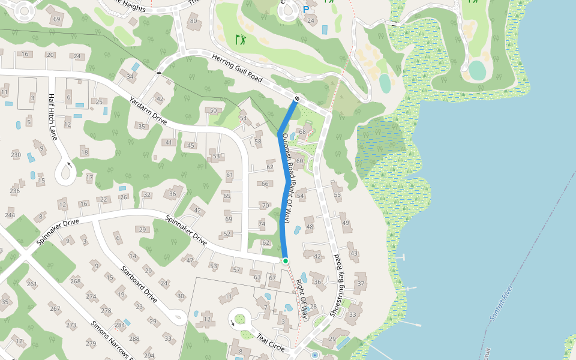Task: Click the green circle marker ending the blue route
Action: tap(286, 260)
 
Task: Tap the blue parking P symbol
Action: tap(306, 10)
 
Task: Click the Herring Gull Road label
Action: tap(238, 68)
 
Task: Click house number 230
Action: tap(16, 155)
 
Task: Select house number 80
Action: tap(193, 21)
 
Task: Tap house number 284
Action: tap(119, 325)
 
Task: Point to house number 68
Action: tap(302, 131)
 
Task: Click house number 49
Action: tap(346, 223)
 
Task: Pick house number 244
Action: tap(10, 215)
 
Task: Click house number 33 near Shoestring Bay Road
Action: tap(353, 314)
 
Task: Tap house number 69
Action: tap(57, 19)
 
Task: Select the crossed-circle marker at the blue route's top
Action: tap(297, 98)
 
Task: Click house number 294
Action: tap(149, 356)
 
